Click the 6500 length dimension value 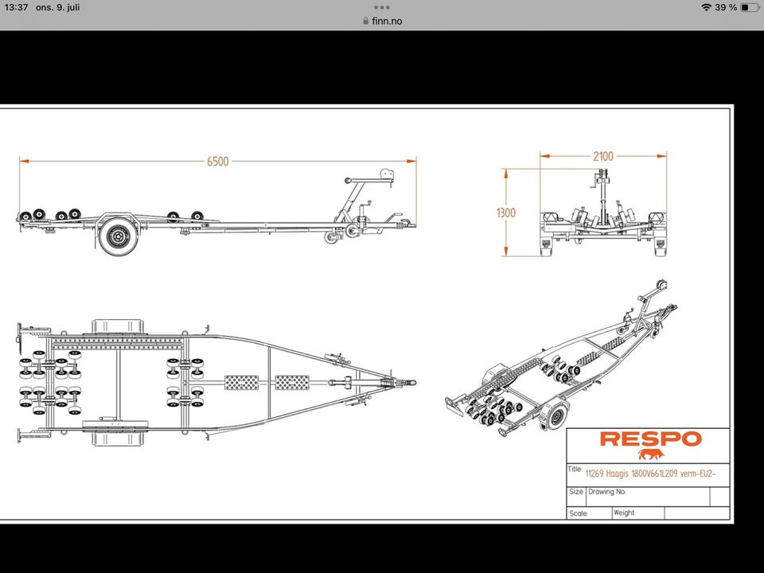click(217, 162)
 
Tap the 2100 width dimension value click(603, 156)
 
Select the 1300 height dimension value click(505, 212)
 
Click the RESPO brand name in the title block click(650, 439)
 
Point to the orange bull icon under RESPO click(650, 454)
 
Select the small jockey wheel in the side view click(330, 238)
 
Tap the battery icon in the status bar click(749, 7)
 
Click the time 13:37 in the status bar click(16, 7)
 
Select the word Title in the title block click(575, 470)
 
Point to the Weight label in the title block click(625, 513)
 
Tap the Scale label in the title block click(579, 514)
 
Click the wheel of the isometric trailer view click(556, 414)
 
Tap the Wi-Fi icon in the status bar click(706, 7)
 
